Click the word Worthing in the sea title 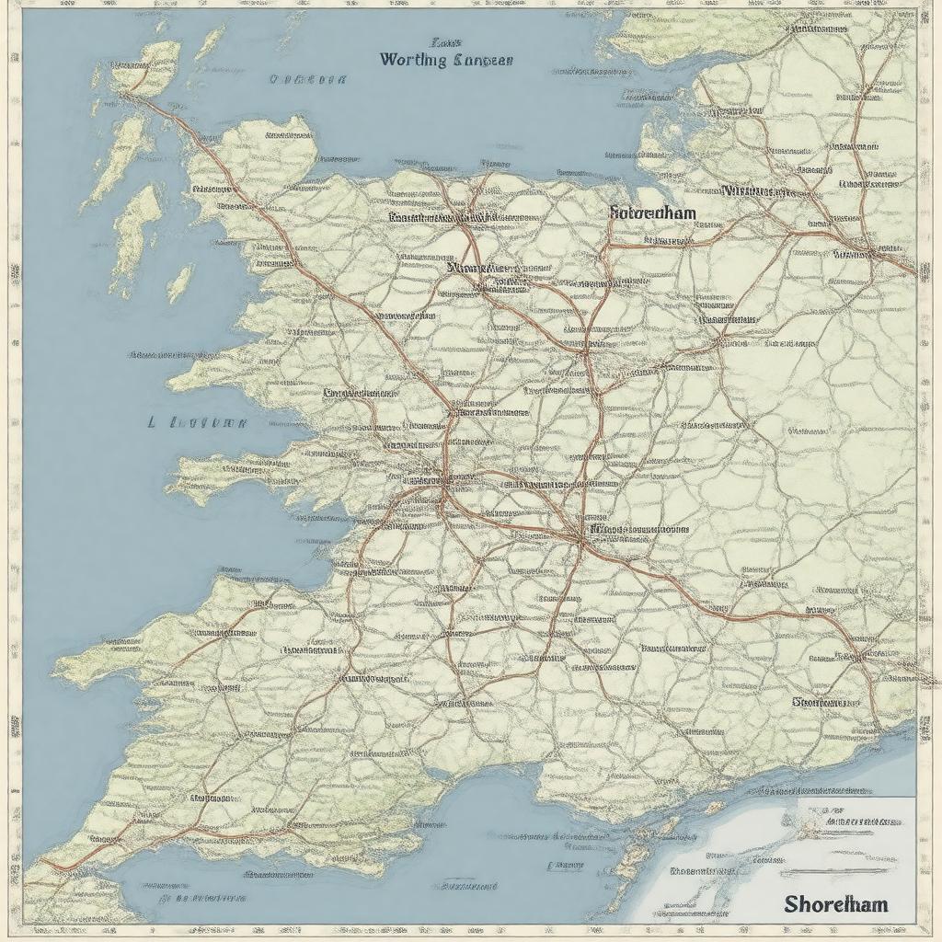click(x=413, y=61)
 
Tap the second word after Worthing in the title click(x=481, y=61)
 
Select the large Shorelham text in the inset click(x=836, y=903)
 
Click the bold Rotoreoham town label click(x=652, y=213)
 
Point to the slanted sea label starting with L click(x=197, y=423)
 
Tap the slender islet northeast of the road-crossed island click(x=210, y=41)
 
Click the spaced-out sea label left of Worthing click(x=308, y=80)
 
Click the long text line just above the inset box click(x=828, y=788)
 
